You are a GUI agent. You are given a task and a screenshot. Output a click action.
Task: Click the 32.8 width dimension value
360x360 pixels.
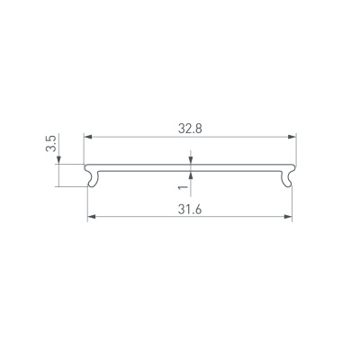189,128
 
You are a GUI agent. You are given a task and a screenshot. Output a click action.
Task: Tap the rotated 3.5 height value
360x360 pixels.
51,144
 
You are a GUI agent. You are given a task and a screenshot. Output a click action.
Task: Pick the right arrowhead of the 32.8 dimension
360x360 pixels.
292,137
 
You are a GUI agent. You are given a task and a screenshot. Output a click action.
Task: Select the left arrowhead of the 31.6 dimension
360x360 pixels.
91,217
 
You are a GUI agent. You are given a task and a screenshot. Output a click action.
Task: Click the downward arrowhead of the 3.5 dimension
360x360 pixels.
58,161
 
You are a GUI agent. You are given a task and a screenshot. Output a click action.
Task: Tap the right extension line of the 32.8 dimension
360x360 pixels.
296,148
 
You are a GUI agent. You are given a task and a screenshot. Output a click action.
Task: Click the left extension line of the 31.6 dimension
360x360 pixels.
87,202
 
